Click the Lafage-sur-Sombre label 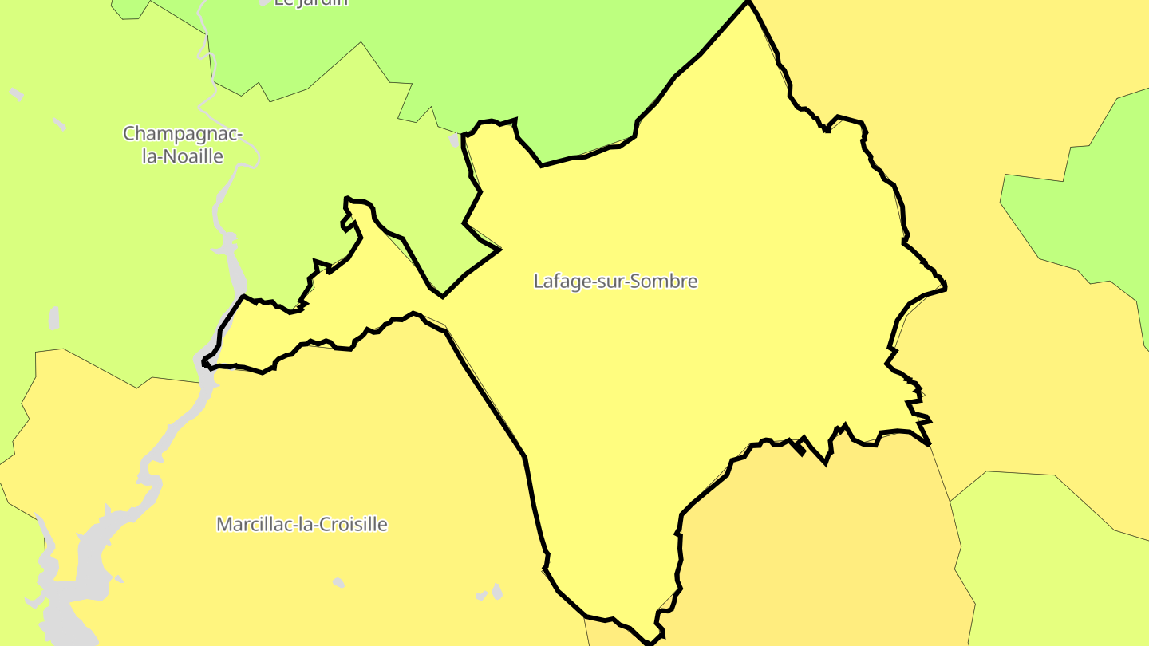pyautogui.click(x=615, y=281)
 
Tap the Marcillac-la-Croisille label pyautogui.click(x=302, y=524)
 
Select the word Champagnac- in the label pyautogui.click(x=183, y=133)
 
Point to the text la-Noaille pyautogui.click(x=183, y=156)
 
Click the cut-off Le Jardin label pyautogui.click(x=311, y=2)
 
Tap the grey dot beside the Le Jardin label pyautogui.click(x=265, y=2)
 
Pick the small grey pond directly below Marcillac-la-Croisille pyautogui.click(x=338, y=583)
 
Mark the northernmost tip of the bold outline pyautogui.click(x=748, y=2)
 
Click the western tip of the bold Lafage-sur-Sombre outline pyautogui.click(x=204, y=364)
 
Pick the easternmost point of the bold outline pyautogui.click(x=946, y=287)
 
